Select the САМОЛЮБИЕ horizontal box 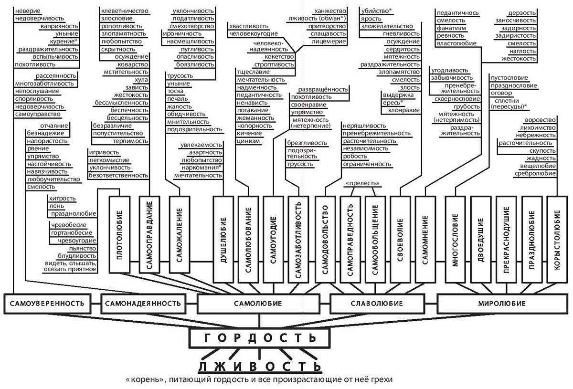(258, 303)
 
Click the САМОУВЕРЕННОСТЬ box (47, 303)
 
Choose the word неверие (28, 11)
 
